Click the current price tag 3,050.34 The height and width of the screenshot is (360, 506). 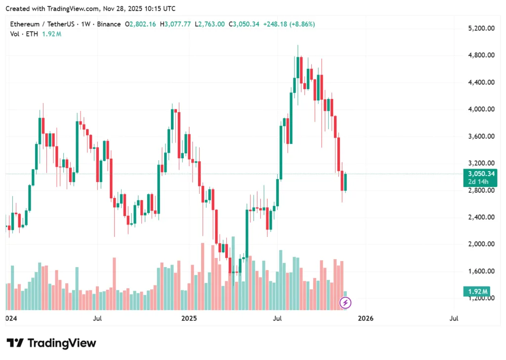pyautogui.click(x=479, y=174)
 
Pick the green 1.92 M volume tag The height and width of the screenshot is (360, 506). pyautogui.click(x=476, y=291)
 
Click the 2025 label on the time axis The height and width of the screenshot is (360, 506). pyautogui.click(x=188, y=318)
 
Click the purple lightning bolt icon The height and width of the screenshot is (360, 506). pyautogui.click(x=346, y=302)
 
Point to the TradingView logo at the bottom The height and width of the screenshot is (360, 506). pyautogui.click(x=51, y=343)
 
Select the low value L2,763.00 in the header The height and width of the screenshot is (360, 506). pyautogui.click(x=210, y=24)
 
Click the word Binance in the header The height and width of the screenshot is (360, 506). pyautogui.click(x=109, y=24)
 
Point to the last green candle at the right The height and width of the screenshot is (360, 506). pyautogui.click(x=346, y=182)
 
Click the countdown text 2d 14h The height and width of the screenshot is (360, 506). pyautogui.click(x=479, y=182)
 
